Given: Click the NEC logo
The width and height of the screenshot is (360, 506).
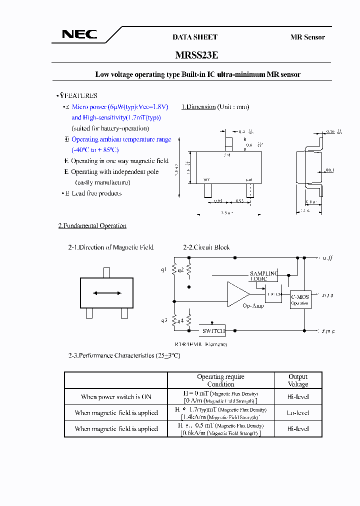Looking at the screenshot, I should tap(79, 34).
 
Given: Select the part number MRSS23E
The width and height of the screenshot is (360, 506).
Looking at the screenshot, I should tap(196, 55).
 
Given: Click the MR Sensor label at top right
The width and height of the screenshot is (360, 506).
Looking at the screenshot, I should tap(307, 37).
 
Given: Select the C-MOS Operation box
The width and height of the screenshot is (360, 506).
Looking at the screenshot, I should tap(300, 299).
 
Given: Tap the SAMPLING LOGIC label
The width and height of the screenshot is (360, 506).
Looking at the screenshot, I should tap(263, 276).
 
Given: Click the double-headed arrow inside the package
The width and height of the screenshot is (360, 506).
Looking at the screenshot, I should tap(106, 293).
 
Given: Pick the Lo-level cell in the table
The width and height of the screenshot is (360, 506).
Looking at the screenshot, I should tap(298, 413).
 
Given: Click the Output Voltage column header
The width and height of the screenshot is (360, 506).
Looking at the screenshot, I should tap(298, 380).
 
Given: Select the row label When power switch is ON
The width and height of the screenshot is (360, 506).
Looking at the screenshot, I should tap(116, 397).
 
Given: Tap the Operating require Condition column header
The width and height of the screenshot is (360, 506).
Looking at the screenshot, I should tap(220, 380).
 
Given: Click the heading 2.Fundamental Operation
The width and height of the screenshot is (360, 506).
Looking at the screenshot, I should tap(92, 226).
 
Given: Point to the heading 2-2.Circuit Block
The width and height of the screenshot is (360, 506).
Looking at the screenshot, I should tap(206, 247).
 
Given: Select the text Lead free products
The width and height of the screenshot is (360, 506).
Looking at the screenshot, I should tap(96, 193).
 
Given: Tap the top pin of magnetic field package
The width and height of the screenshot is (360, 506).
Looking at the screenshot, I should tap(106, 272).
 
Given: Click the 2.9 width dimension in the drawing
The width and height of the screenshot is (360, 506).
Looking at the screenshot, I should tap(227, 213).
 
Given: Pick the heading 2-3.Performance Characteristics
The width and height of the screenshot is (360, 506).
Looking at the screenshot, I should tap(123, 355).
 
